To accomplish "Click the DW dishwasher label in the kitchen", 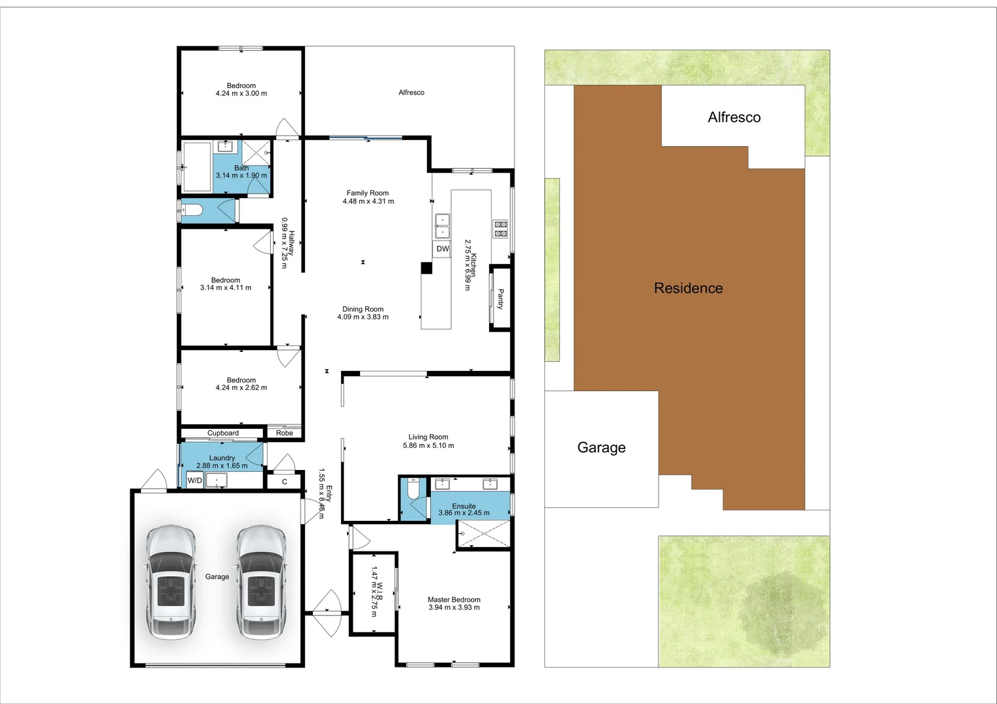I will [x=443, y=249].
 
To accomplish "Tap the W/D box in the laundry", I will [x=194, y=481].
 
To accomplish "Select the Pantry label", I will [x=500, y=299].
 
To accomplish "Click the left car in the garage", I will [x=171, y=582].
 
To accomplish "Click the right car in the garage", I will [x=261, y=582].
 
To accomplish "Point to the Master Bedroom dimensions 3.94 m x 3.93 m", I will [x=454, y=608].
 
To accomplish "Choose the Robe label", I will [x=284, y=433].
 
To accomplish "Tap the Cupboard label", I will [x=223, y=433].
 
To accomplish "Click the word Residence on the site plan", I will [x=688, y=288].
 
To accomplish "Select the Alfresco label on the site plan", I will [x=734, y=117].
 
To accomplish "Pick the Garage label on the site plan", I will [x=601, y=448].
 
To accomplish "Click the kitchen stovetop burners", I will [x=500, y=229].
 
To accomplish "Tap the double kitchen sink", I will [x=442, y=226].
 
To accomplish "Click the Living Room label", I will [x=428, y=437].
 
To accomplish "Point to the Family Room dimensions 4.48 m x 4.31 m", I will [x=368, y=201].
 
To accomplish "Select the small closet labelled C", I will [x=284, y=482].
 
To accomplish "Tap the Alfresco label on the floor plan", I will [x=411, y=93].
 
